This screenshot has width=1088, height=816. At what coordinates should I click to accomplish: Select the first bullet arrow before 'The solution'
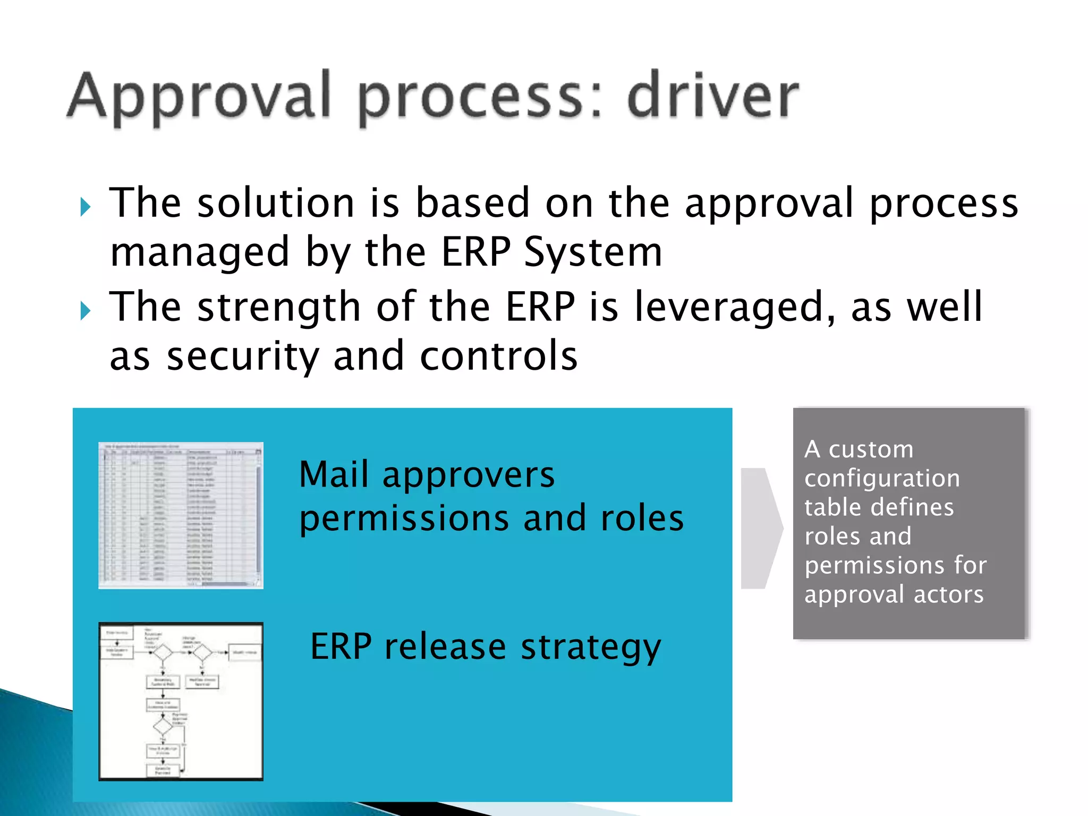85,207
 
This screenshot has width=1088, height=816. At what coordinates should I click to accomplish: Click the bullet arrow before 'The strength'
85,310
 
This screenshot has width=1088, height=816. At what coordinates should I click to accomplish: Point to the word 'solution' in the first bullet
276,203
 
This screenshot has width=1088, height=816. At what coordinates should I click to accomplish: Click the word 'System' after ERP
593,252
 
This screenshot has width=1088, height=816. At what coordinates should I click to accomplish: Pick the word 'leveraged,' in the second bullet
735,308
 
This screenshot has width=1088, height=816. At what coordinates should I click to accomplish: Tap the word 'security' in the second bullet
243,357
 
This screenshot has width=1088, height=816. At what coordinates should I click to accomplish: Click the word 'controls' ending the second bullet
498,356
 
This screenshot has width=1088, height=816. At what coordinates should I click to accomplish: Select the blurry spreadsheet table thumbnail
181,515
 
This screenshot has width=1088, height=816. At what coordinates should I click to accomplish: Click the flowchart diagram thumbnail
181,701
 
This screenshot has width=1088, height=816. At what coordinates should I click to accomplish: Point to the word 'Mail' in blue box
334,474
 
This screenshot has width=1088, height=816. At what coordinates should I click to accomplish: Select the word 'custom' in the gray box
871,450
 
